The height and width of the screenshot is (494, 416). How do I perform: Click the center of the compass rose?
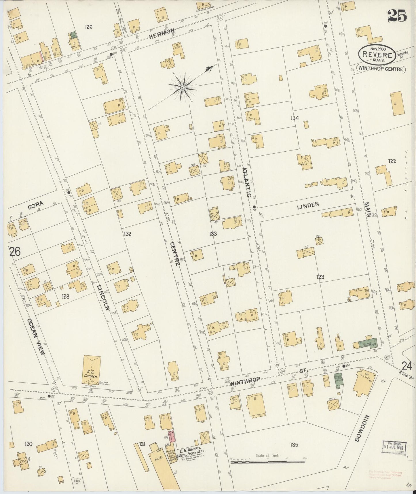(183, 86)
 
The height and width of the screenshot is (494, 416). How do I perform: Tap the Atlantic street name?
(247, 182)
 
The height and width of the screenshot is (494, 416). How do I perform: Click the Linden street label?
(308, 204)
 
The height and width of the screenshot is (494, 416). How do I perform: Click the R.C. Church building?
(92, 370)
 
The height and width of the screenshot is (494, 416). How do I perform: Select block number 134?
(295, 118)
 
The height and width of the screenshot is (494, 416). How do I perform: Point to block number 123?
(320, 277)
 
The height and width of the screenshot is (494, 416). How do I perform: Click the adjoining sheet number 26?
(15, 252)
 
